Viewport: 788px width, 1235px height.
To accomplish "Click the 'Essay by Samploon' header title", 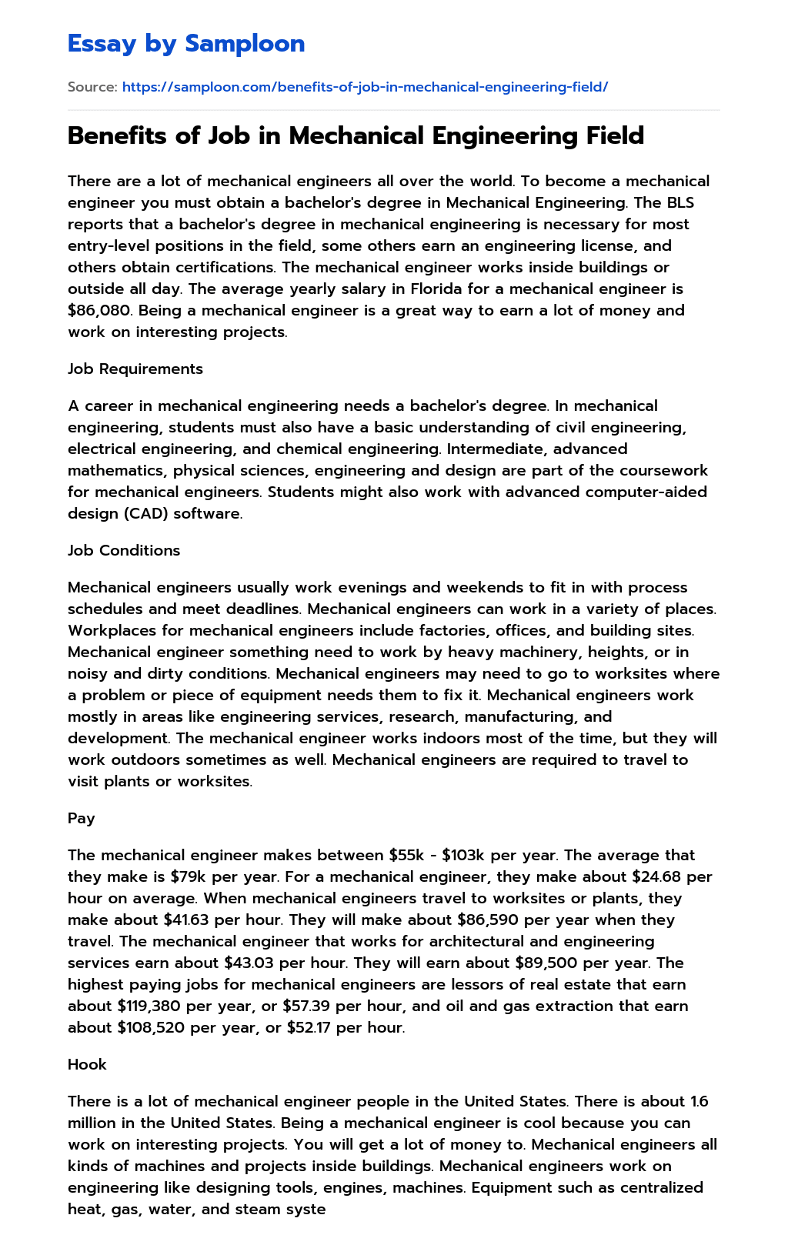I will point(186,44).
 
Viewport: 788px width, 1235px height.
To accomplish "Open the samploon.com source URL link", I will point(365,87).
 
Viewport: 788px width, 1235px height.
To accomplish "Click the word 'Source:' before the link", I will point(92,87).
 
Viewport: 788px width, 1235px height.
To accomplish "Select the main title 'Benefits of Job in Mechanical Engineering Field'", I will point(356,135).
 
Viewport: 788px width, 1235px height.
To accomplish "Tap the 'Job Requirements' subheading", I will point(135,369).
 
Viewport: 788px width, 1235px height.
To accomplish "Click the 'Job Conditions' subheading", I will point(124,550).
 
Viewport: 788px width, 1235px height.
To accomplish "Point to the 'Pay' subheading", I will point(82,818).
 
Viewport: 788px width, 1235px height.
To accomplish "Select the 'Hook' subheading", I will point(87,1064).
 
